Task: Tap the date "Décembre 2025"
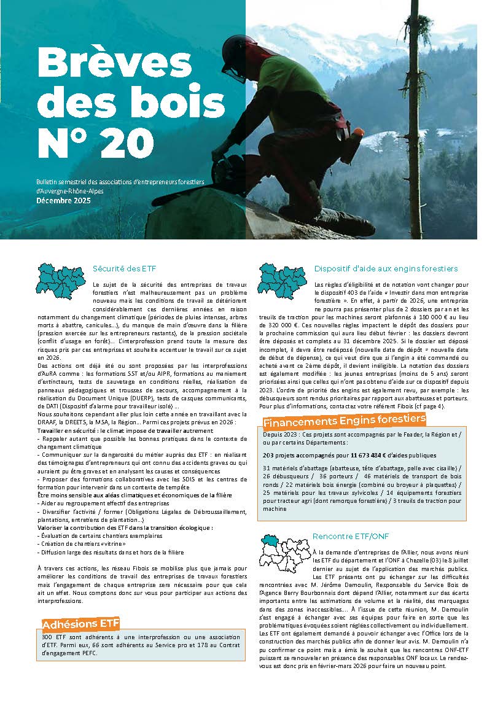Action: pos(63,200)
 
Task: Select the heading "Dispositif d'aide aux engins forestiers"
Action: pos(386,268)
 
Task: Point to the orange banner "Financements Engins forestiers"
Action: pos(344,421)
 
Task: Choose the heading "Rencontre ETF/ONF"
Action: pos(346,536)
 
